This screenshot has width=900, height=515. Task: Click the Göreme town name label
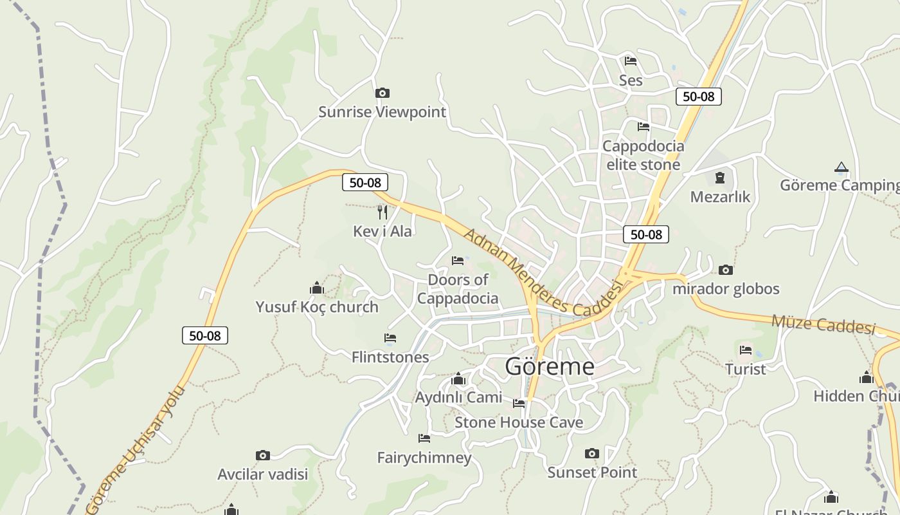pos(550,366)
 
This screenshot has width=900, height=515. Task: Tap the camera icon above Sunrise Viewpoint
pos(382,93)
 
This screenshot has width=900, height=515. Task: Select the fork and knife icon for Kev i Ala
pos(382,212)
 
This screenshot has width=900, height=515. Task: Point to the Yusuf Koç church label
pos(317,307)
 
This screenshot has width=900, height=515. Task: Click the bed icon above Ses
pos(631,61)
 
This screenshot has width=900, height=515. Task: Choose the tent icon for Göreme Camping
pos(841,167)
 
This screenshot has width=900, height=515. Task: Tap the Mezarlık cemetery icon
pos(720,178)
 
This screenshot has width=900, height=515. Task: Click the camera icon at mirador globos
pos(726,270)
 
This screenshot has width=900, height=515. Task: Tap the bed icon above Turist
pos(746,350)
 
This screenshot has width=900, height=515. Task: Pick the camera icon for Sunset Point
pos(592,454)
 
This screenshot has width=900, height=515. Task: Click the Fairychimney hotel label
pos(424,458)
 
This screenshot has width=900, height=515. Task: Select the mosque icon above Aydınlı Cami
pos(458,379)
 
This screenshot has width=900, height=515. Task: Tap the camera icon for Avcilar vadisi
pos(263,456)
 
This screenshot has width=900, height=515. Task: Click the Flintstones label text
pos(390,357)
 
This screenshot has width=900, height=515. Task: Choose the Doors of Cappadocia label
pos(458,289)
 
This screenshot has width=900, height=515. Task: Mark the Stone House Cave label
pos(519,422)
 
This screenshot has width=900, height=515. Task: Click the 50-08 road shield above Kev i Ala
pos(365,183)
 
